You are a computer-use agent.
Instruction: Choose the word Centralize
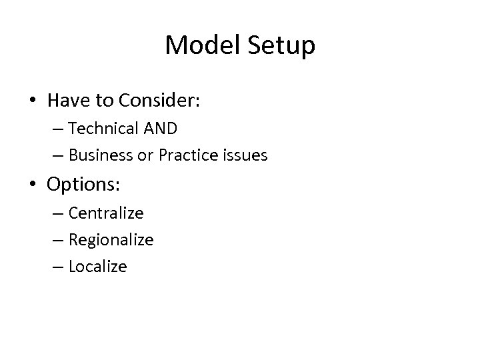(106, 213)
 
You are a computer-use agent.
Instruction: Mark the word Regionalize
(111, 240)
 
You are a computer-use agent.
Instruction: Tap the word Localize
(97, 267)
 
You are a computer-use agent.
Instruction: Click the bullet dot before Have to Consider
(33, 101)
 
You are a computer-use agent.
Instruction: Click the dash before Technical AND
(56, 129)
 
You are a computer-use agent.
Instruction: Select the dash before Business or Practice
(56, 156)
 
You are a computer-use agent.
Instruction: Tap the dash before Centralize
(56, 213)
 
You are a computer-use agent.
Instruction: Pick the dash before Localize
(56, 267)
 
